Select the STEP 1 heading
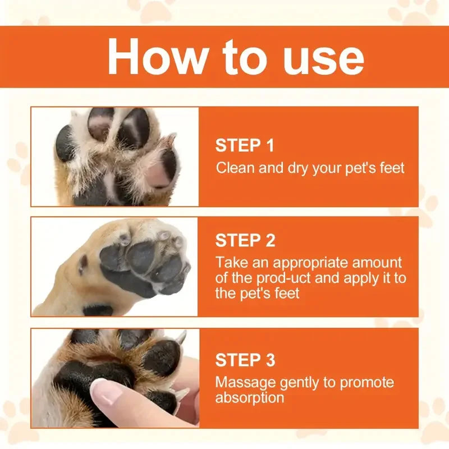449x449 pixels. [245, 146]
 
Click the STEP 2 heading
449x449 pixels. [245, 241]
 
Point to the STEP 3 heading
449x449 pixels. [245, 360]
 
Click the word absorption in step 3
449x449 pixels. [250, 398]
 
